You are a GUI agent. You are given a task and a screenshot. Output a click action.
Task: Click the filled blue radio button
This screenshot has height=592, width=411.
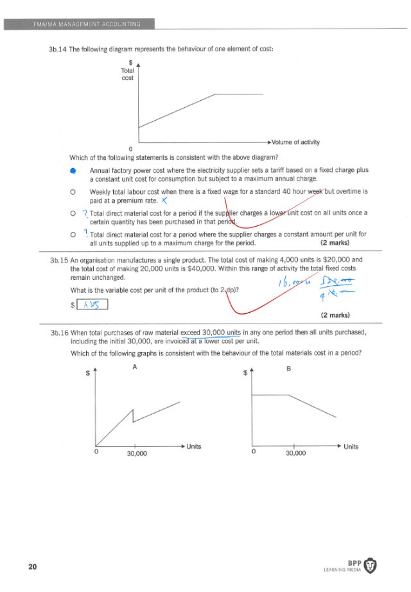tap(73, 171)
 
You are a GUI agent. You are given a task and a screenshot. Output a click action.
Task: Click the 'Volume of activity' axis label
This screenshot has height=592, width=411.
tap(295, 142)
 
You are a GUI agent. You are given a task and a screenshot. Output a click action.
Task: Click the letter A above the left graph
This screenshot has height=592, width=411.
tap(135, 367)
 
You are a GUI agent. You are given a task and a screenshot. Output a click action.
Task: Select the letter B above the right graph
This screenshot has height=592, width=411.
tap(293, 369)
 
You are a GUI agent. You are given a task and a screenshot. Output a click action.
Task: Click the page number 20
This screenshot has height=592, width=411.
tap(31, 566)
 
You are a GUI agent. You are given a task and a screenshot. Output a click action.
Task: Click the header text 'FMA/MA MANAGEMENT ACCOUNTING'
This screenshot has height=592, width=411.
tap(89, 24)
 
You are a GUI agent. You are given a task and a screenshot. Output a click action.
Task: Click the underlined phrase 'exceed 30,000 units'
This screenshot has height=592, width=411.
tap(210, 333)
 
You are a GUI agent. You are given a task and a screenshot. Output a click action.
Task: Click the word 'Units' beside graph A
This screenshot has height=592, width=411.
tap(194, 446)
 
